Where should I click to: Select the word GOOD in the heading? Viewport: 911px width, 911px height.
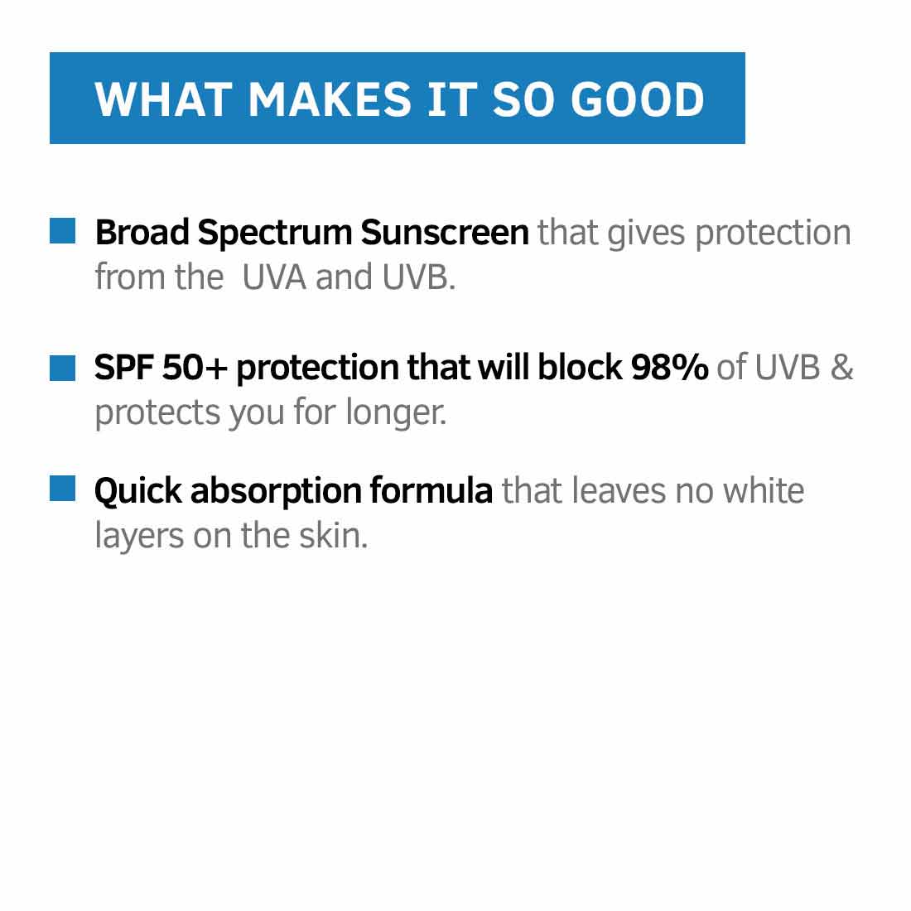[x=638, y=99]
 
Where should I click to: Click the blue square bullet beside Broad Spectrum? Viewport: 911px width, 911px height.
[x=62, y=231]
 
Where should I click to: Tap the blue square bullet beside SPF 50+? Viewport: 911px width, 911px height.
[x=62, y=368]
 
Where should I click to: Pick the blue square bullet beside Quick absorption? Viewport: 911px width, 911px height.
[x=62, y=489]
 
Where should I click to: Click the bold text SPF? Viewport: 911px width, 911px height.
[x=123, y=368]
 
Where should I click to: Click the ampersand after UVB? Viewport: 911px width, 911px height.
[x=841, y=368]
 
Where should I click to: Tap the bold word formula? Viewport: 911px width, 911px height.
[x=431, y=491]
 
